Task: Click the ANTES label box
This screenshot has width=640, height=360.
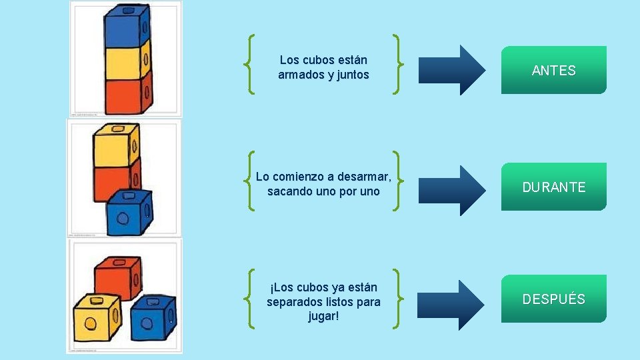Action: (x=553, y=70)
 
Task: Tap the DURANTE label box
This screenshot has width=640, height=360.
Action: (x=553, y=187)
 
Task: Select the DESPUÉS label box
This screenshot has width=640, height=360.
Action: (x=553, y=299)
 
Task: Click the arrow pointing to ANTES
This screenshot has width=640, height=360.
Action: (x=453, y=70)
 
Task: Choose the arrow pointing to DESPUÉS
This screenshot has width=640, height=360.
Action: (x=453, y=305)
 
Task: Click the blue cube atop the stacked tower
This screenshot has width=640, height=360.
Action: (x=125, y=25)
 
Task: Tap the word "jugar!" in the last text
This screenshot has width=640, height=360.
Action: (x=323, y=315)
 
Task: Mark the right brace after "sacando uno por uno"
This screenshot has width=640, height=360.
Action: (x=397, y=180)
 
